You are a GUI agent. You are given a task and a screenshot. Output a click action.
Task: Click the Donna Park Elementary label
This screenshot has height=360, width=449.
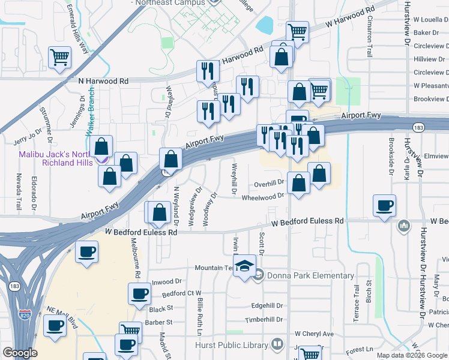tap(312, 276)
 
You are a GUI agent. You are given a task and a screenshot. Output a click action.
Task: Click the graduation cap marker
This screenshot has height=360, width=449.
tap(245, 266)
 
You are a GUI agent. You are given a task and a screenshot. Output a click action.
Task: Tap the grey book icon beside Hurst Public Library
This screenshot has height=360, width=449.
tap(277, 344)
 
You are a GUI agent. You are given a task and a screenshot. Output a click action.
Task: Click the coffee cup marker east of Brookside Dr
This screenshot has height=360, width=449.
tap(384, 205)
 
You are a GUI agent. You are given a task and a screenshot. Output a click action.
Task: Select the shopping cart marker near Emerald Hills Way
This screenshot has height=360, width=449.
tap(60, 58)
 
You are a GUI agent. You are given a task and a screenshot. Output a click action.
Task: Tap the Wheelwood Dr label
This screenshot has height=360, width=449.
tap(263, 196)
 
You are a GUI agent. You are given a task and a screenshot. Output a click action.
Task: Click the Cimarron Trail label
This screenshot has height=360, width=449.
tap(369, 36)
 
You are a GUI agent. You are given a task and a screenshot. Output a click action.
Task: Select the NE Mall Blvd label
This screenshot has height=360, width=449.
tap(62, 316)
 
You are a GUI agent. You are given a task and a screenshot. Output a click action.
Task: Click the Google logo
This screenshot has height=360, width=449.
tap(20, 353)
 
